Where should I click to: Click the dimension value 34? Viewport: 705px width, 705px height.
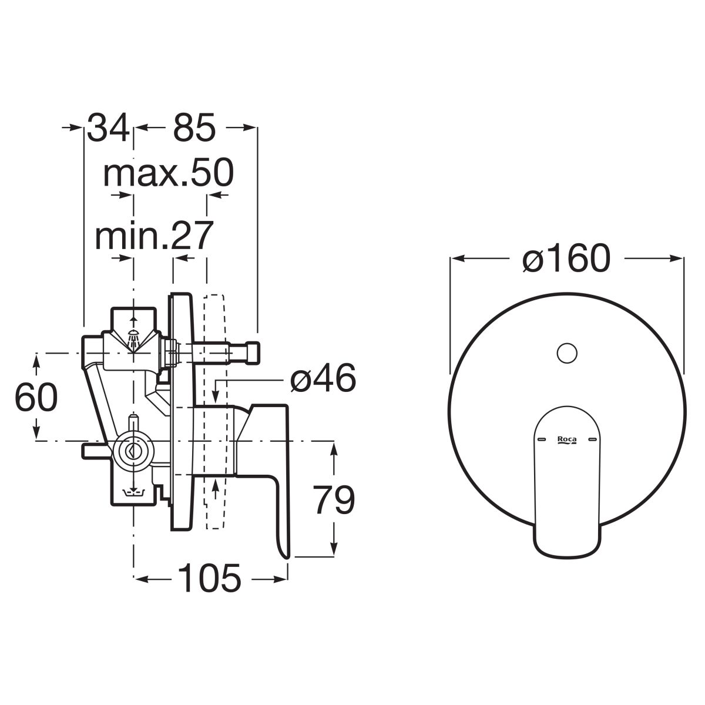pyautogui.click(x=109, y=127)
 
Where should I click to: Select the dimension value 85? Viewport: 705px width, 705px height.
pyautogui.click(x=194, y=127)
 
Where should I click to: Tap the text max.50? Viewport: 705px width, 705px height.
pyautogui.click(x=168, y=173)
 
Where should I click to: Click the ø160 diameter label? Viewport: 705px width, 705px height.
pyautogui.click(x=566, y=258)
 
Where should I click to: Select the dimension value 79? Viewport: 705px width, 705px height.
pyautogui.click(x=334, y=500)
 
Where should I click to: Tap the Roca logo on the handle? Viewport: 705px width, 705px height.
pyautogui.click(x=567, y=440)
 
